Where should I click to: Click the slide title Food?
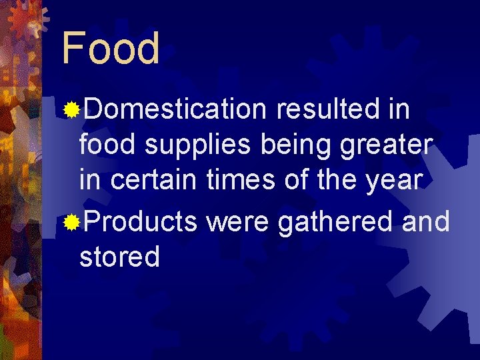coord(111,49)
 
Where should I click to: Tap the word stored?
coord(119,257)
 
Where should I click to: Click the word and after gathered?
coord(425,221)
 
